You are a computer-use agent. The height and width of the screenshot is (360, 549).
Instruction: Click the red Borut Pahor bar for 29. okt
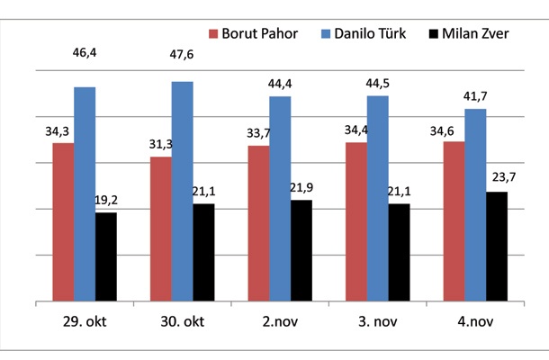point(63,221)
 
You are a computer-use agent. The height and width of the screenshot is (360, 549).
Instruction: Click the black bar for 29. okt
point(106,256)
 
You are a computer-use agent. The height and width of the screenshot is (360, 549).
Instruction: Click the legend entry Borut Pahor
point(260,33)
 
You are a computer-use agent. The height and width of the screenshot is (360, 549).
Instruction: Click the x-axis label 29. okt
point(85,320)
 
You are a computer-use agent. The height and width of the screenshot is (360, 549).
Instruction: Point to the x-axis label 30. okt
point(183,320)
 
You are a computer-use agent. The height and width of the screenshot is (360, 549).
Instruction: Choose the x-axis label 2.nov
point(279,320)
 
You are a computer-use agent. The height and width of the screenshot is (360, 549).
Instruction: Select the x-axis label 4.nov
point(474,320)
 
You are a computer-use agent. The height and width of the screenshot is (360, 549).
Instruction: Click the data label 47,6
point(183,65)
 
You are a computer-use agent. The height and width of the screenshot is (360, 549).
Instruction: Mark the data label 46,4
point(86,55)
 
